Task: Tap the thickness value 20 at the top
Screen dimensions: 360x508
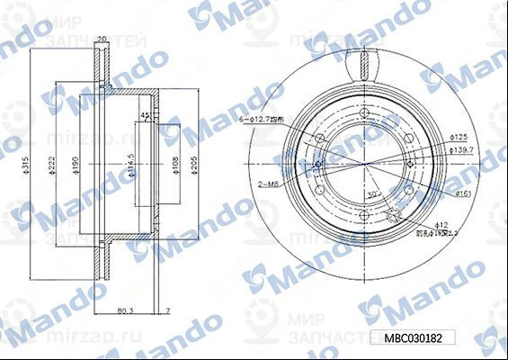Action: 102,38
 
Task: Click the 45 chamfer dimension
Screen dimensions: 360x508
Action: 145,116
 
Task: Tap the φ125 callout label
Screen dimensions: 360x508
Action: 458,135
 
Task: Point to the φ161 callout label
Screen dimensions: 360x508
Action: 464,193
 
